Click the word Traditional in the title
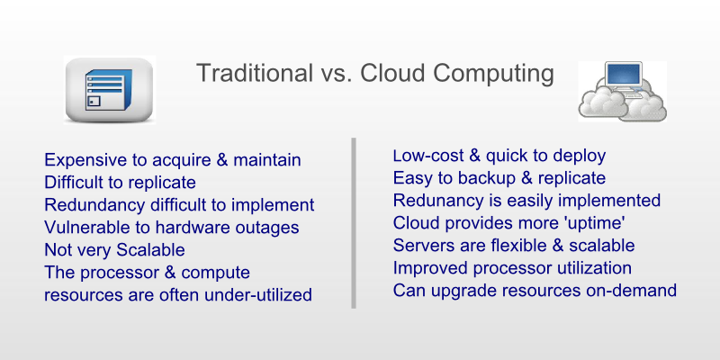pyautogui.click(x=255, y=74)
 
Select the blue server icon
pyautogui.click(x=109, y=90)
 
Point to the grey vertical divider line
pyautogui.click(x=354, y=222)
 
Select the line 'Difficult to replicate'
pyautogui.click(x=120, y=183)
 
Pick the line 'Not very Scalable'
pyautogui.click(x=114, y=250)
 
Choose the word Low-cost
pyautogui.click(x=427, y=156)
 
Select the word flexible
pyautogui.click(x=515, y=245)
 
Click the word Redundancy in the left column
pyautogui.click(x=94, y=205)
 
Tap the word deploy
pyautogui.click(x=579, y=157)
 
